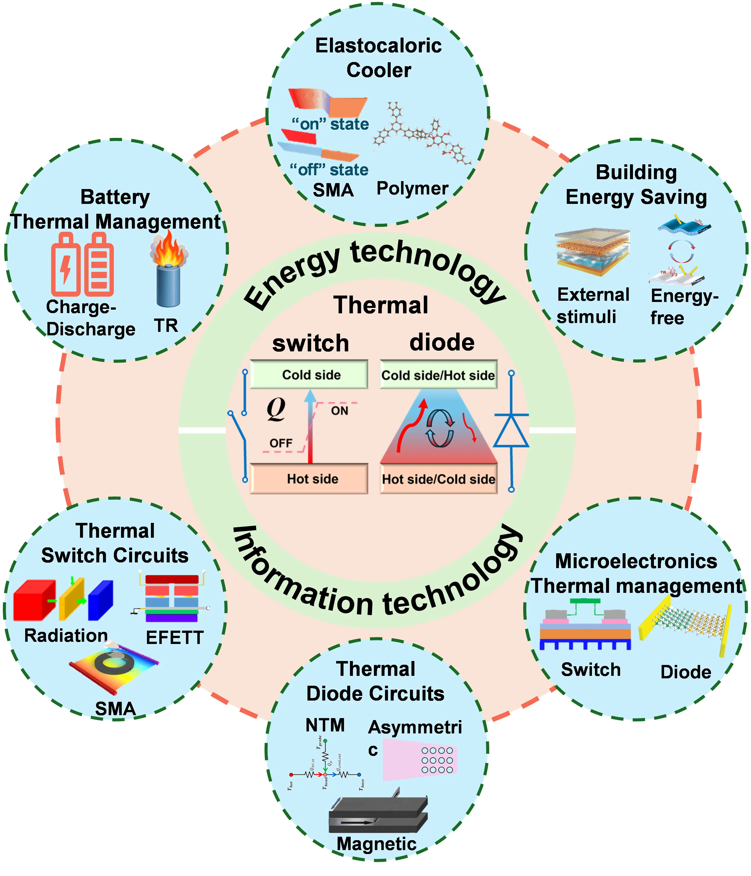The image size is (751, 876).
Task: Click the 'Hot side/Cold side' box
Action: (x=438, y=479)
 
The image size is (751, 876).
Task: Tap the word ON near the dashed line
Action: (x=339, y=410)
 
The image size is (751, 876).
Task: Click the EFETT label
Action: (x=175, y=638)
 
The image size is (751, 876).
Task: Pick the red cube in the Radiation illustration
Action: (x=34, y=600)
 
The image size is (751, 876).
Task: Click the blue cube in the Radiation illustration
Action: (x=100, y=600)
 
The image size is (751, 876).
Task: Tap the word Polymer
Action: (x=412, y=189)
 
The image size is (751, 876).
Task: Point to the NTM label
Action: (x=325, y=725)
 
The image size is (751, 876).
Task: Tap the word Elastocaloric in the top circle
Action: (x=378, y=46)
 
